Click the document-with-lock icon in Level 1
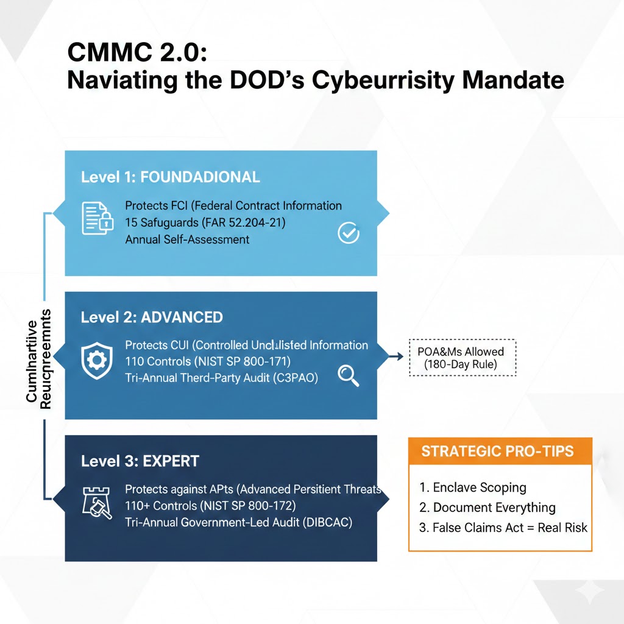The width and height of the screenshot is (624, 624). point(98,218)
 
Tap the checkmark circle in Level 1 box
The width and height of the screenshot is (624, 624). point(348,233)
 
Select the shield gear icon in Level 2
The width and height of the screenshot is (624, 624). point(97,361)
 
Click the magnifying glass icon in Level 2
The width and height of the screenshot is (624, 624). point(348,375)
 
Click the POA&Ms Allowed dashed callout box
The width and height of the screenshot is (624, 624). point(461,358)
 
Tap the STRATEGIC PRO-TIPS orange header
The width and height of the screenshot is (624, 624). point(500,452)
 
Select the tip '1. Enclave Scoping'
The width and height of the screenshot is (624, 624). point(473,487)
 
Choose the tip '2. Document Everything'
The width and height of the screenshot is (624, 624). point(487,508)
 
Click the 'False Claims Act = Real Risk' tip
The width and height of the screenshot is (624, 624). point(503,528)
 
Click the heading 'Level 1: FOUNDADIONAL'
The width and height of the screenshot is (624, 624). point(171,177)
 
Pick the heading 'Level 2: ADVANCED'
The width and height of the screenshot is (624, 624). point(152,317)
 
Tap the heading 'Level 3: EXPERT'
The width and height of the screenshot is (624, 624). point(140,461)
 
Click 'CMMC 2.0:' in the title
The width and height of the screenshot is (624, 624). point(137,53)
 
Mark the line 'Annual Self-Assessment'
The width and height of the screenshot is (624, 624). point(187,239)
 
